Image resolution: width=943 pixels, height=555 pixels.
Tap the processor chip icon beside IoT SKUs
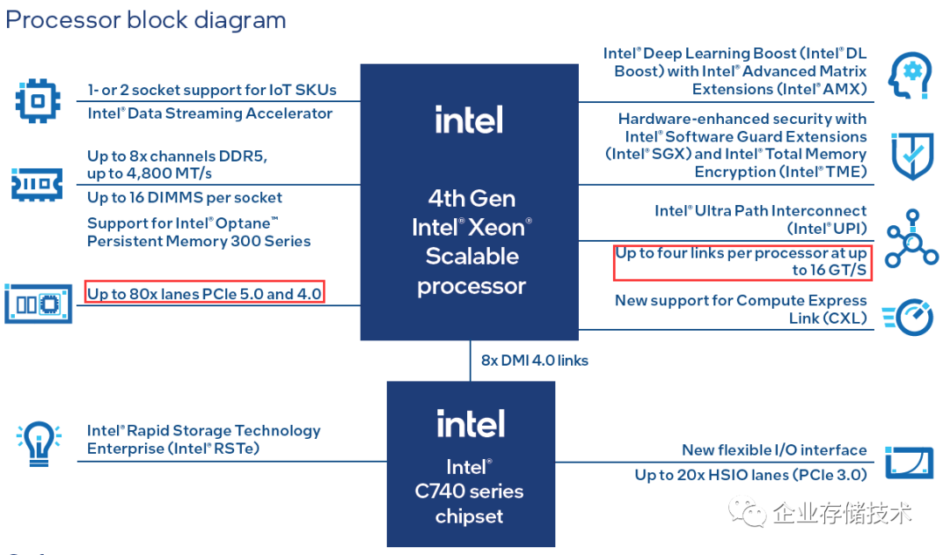coord(38,101)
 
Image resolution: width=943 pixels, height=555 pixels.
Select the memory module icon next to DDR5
coord(37,184)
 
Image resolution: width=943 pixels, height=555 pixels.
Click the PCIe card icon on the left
coord(38,304)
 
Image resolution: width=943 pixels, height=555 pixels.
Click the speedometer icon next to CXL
coord(910,315)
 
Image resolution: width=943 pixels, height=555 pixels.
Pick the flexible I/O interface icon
coord(910,462)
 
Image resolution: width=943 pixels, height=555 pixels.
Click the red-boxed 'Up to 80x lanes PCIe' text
coord(205,293)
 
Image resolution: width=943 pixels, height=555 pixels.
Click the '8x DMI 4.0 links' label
coord(534,360)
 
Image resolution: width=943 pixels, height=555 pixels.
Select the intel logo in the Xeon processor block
coord(469,120)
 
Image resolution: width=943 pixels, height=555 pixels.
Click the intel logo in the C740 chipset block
coord(471,424)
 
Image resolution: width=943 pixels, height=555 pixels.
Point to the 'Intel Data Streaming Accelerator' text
coord(210,113)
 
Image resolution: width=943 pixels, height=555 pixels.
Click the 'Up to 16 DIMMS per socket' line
coord(184,197)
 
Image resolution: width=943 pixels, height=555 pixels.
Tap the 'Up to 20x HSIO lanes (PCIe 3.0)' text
coord(750,475)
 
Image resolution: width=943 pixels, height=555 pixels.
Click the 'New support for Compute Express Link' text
coord(740,309)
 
